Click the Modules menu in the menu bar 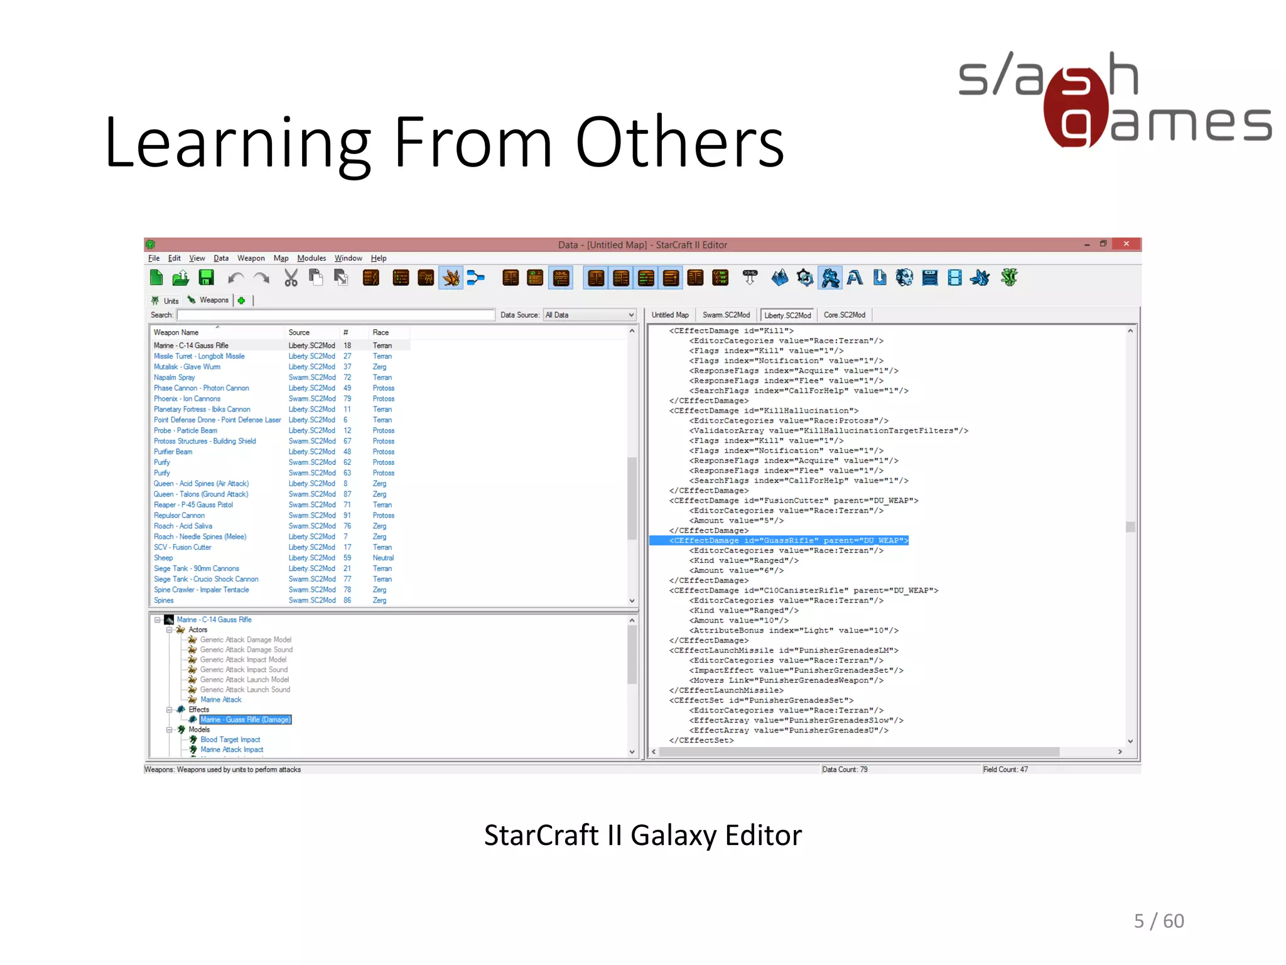point(311,258)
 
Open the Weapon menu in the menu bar point(251,258)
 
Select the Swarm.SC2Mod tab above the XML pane point(726,315)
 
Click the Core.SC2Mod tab point(844,315)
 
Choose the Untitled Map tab point(670,315)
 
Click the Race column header point(381,332)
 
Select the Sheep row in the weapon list point(163,558)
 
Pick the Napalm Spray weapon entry point(175,378)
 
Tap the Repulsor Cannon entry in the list point(179,515)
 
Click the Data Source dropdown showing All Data point(590,315)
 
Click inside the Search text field point(335,315)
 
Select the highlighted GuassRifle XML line point(779,540)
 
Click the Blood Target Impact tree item point(230,739)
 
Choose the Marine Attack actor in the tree point(220,699)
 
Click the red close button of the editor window point(1126,244)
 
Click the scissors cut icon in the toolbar point(291,278)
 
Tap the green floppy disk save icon point(206,278)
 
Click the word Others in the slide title point(679,143)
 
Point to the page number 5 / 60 point(1159,921)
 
